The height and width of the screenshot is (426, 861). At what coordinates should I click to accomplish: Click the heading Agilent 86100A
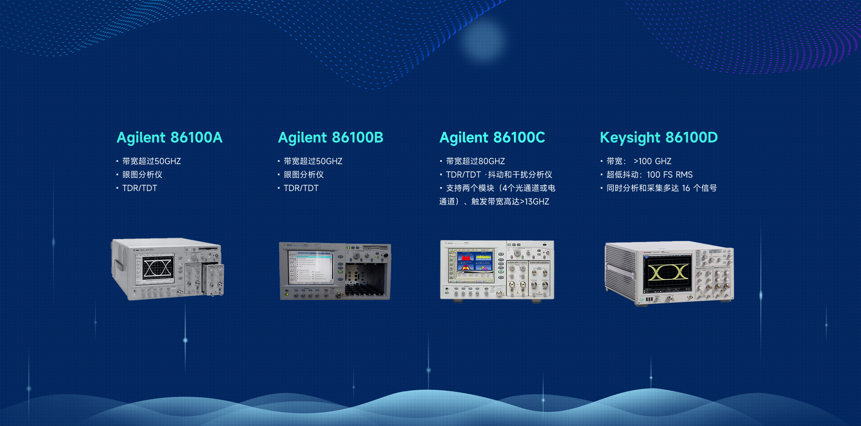pos(170,138)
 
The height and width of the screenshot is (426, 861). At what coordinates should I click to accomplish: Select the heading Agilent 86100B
pos(331,138)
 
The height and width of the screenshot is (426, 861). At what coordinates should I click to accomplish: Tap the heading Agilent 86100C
pos(492,138)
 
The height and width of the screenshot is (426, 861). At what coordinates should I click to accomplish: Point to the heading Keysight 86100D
pos(659,138)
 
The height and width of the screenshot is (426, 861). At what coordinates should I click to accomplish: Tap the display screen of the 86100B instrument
pos(311,267)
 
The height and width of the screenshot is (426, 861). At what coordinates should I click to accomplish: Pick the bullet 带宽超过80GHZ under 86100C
pos(475,161)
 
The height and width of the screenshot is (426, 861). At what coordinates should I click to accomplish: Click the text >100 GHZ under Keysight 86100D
pos(652,161)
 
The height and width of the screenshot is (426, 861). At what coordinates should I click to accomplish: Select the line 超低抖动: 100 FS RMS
pos(649,174)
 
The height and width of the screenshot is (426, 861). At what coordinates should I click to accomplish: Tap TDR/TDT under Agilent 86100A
pos(139,188)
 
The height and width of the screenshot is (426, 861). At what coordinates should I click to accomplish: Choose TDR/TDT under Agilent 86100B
pos(301,188)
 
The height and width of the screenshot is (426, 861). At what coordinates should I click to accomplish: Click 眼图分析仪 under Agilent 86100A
pos(142,174)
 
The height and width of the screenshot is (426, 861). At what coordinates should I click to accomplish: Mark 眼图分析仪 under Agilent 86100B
pos(304,174)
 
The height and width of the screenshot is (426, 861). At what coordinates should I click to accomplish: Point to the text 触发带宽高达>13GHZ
pos(510,201)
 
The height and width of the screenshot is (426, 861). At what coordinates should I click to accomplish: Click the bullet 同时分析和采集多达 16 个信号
pos(661,188)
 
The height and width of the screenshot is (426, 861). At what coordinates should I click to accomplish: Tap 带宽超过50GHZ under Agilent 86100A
pos(152,161)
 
